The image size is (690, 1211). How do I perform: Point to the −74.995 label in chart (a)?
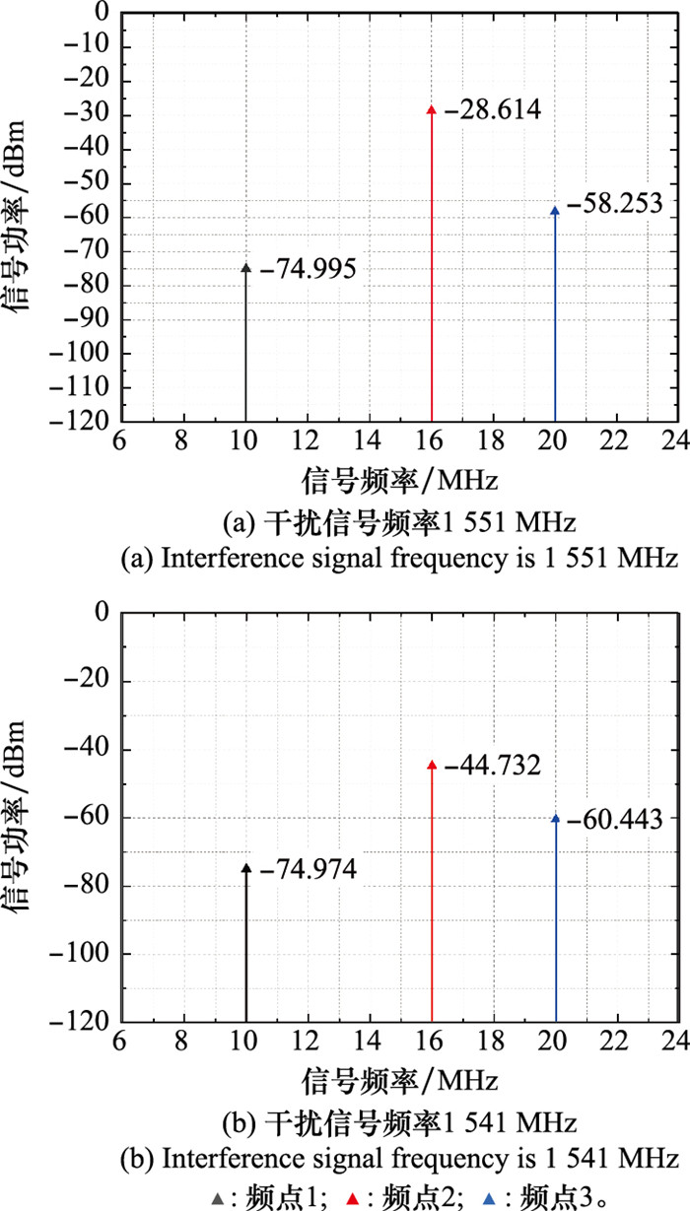[309, 268]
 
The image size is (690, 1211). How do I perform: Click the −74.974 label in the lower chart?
[310, 869]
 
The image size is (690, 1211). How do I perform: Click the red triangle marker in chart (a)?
[431, 108]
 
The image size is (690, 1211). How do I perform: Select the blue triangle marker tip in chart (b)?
[556, 817]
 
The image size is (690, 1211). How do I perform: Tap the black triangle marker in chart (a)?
[245, 267]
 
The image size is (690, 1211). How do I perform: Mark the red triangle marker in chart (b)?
[431, 764]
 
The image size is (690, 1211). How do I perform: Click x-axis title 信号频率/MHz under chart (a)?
[399, 481]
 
